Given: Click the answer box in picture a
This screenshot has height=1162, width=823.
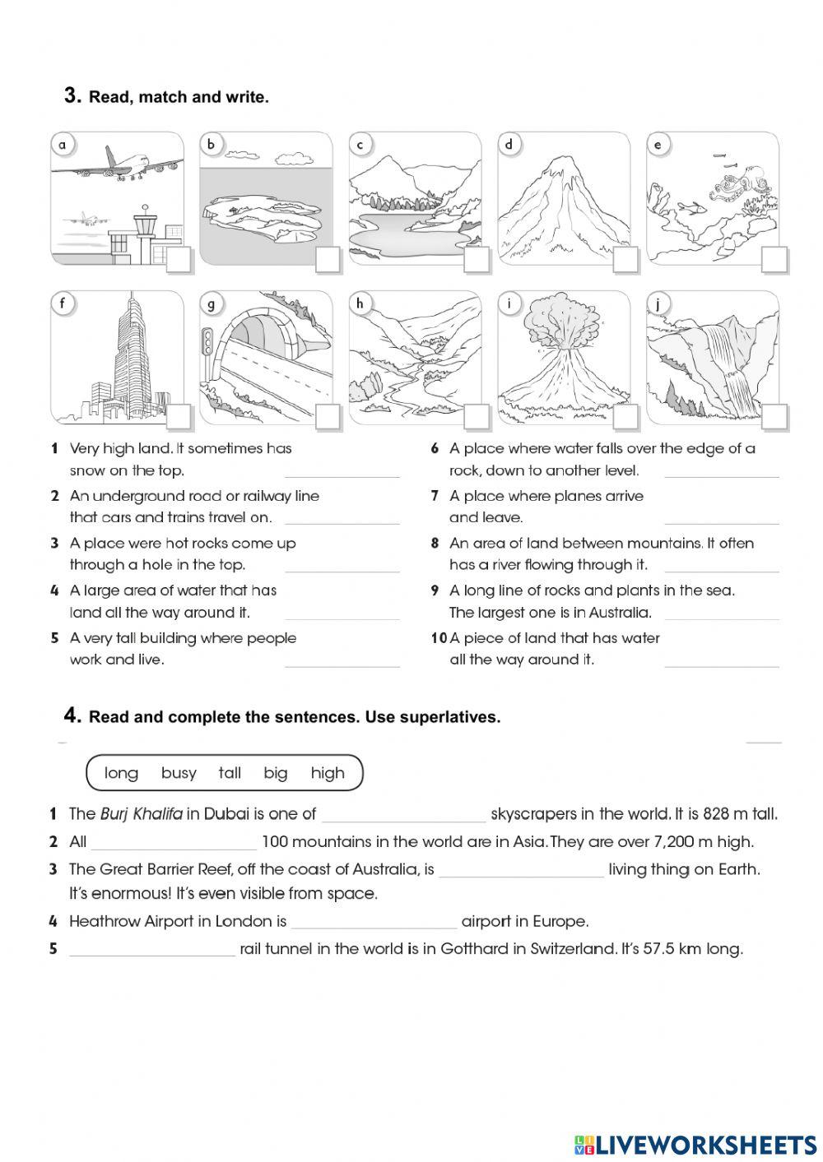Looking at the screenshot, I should (179, 260).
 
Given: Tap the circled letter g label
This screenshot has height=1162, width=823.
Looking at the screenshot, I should (212, 304).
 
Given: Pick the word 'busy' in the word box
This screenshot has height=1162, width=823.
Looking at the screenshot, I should (179, 773).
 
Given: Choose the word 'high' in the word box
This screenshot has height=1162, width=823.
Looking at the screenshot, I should (328, 773).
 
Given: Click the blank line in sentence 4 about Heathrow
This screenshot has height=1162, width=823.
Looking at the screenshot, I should (374, 923).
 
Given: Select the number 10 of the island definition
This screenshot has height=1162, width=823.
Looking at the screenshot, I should (439, 638).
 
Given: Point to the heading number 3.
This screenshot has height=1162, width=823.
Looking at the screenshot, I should (72, 96).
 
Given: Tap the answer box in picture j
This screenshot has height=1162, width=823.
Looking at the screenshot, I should (774, 417).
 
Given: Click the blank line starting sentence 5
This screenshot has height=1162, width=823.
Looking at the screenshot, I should (152, 951).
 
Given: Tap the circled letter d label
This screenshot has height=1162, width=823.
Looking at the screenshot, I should (509, 146).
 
